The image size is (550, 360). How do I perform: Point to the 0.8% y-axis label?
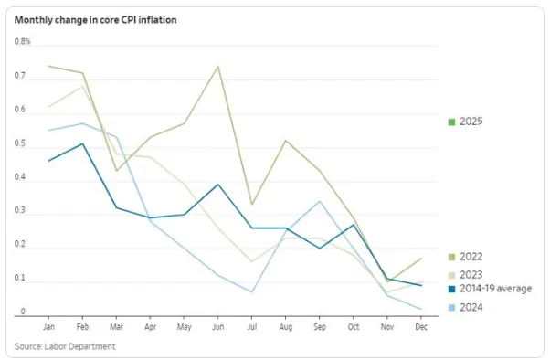pyautogui.click(x=23, y=42)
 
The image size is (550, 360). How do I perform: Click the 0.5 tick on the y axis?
pyautogui.click(x=21, y=144)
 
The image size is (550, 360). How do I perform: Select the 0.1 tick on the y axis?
pyautogui.click(x=21, y=281)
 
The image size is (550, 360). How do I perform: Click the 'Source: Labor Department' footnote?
pyautogui.click(x=65, y=346)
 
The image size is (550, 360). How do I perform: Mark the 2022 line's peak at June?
pyautogui.click(x=217, y=66)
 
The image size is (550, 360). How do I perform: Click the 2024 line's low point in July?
pyautogui.click(x=251, y=292)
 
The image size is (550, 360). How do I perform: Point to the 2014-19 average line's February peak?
pyautogui.click(x=82, y=143)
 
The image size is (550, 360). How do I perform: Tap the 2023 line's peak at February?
pyautogui.click(x=82, y=87)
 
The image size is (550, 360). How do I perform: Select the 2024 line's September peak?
pyautogui.click(x=319, y=201)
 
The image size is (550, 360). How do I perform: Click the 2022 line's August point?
pyautogui.click(x=285, y=141)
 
